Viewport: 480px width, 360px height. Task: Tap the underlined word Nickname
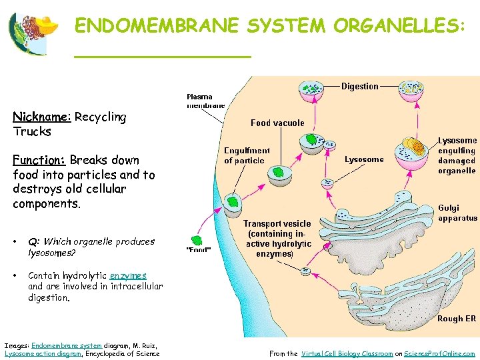click(41, 117)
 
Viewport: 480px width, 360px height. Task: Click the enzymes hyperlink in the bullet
click(128, 275)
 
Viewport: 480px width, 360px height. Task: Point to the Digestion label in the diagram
click(359, 86)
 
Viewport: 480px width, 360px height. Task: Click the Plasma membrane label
click(205, 101)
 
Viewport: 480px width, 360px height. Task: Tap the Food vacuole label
click(277, 123)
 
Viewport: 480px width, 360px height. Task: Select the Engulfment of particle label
click(247, 155)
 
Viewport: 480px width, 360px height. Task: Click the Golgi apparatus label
click(457, 213)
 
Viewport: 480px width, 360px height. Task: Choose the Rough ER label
click(456, 319)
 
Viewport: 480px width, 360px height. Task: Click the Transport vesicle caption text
click(277, 239)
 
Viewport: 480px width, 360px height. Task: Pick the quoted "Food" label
click(198, 251)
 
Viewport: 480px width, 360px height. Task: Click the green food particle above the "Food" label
click(197, 240)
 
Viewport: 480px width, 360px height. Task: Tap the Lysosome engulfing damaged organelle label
click(457, 155)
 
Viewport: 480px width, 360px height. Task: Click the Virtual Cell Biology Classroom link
click(347, 353)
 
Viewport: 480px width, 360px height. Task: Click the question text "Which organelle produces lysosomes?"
click(91, 247)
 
